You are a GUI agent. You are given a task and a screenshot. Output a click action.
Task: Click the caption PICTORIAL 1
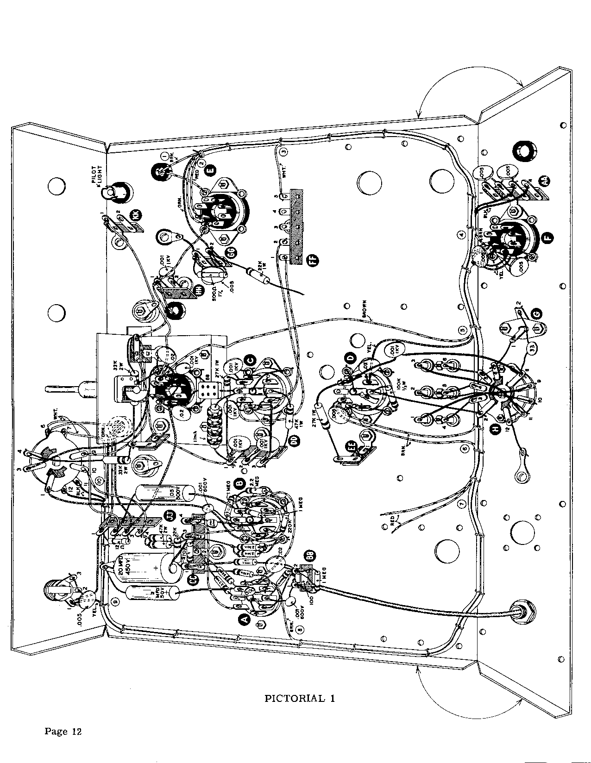tap(299, 698)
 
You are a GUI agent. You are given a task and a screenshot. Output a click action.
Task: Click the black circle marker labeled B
tap(240, 483)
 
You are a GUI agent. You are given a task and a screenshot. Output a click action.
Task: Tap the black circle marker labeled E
tap(211, 170)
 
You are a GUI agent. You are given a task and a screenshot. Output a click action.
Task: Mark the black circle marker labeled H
tap(496, 430)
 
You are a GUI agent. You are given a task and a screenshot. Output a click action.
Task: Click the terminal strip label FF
tap(313, 262)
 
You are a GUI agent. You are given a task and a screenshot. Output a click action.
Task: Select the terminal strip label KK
tap(138, 214)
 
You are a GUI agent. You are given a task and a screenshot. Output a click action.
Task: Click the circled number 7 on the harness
tap(461, 503)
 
